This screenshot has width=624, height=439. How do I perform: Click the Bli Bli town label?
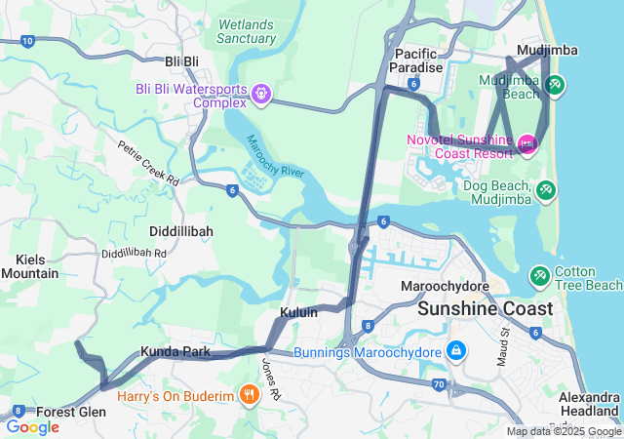[x=181, y=61]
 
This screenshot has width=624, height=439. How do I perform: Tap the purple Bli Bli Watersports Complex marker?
[x=260, y=95]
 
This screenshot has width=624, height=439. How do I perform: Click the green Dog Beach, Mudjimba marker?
[x=546, y=186]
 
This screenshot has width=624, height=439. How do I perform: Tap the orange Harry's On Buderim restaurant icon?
[x=250, y=395]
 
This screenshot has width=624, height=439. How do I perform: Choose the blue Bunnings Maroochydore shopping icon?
[x=455, y=350]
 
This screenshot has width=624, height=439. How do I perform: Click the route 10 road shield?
[x=27, y=41]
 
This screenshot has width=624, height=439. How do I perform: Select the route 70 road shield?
[x=440, y=385]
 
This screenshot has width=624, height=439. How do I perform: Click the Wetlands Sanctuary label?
[x=247, y=31]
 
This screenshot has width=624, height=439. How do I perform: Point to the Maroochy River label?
[x=276, y=157]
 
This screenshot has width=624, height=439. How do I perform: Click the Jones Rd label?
[x=270, y=379]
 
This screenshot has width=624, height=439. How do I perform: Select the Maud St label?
[x=505, y=346]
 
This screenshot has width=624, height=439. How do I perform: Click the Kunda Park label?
[x=175, y=350]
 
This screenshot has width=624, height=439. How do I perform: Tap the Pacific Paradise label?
[x=416, y=60]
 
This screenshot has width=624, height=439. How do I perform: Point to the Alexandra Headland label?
[x=590, y=404]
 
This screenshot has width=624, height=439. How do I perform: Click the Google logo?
[x=32, y=427]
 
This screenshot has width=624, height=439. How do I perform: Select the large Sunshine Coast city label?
[x=485, y=309]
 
